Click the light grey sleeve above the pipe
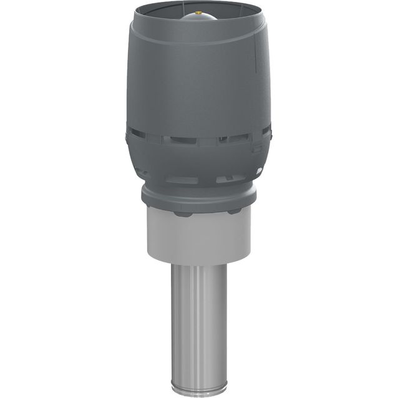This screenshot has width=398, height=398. [x=198, y=237]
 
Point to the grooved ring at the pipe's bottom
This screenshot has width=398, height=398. [x=198, y=388]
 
